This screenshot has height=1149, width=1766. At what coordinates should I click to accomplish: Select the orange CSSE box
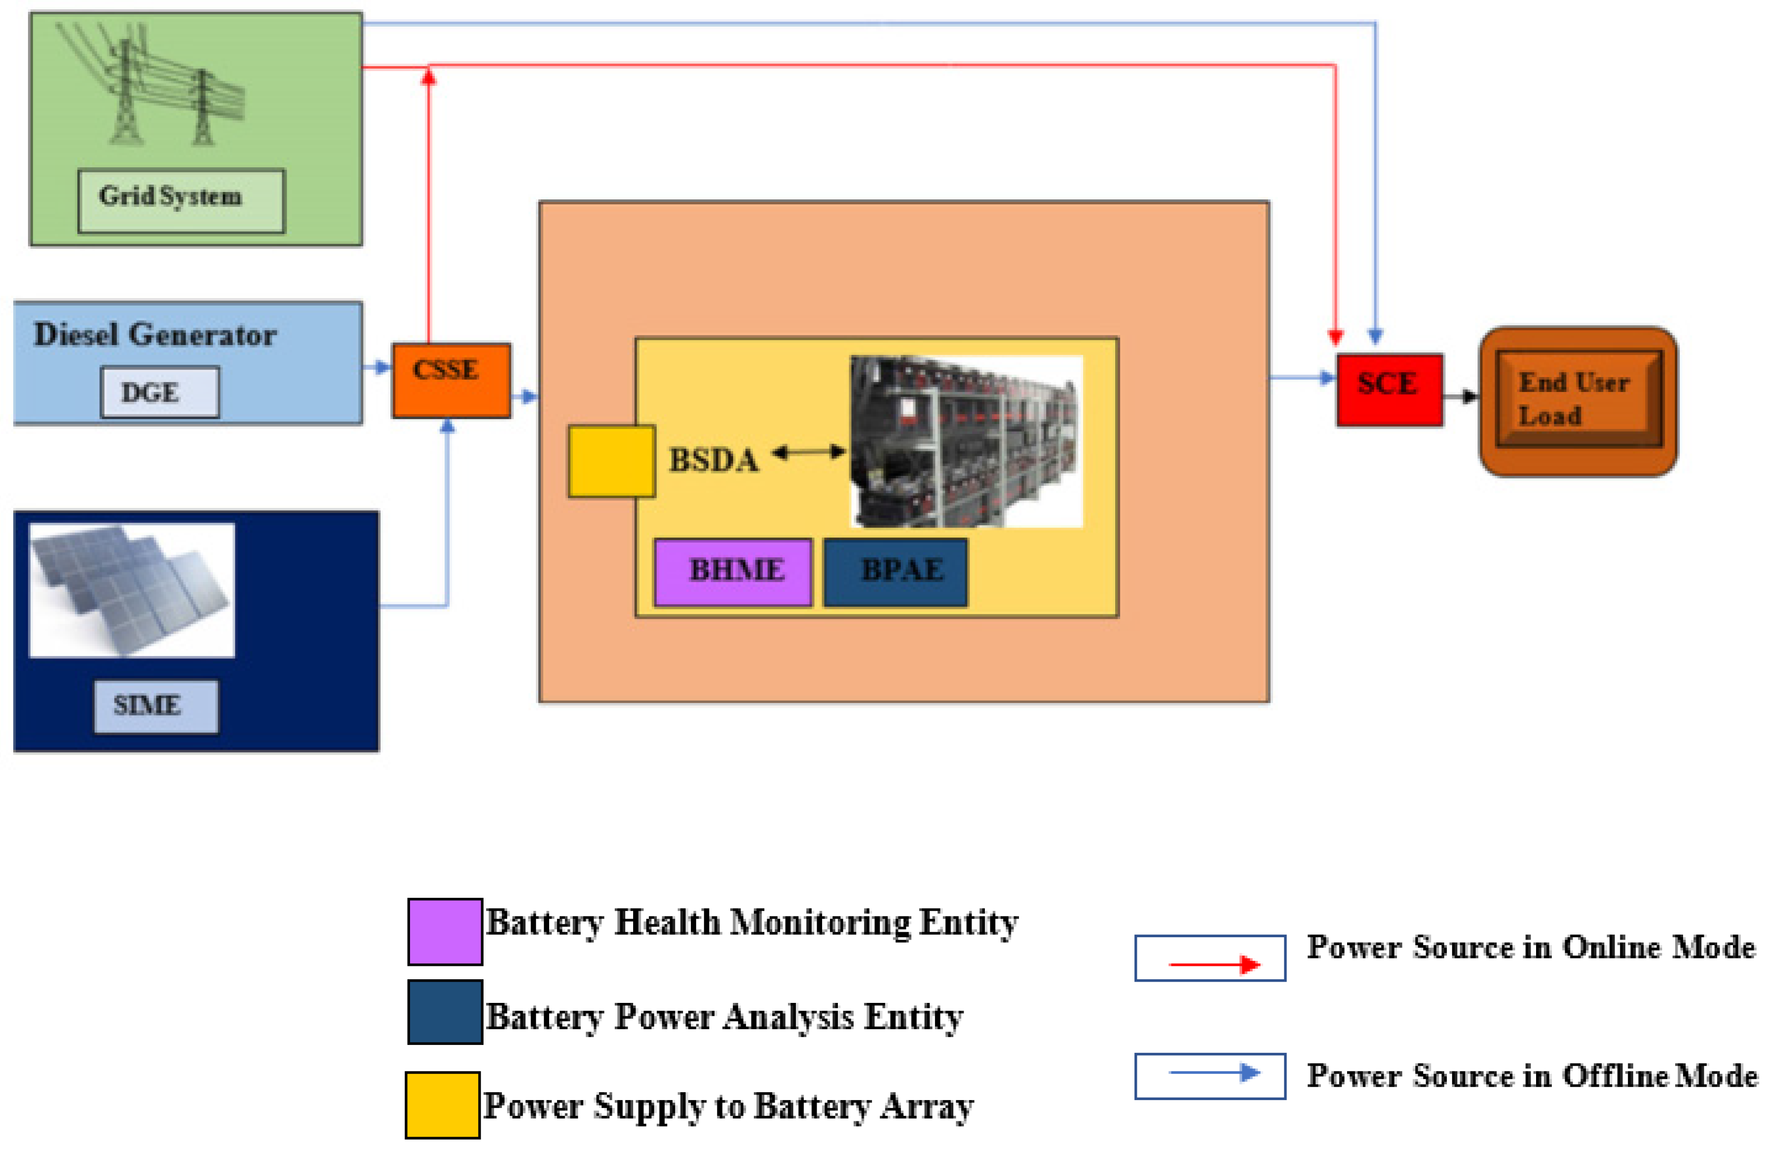[451, 380]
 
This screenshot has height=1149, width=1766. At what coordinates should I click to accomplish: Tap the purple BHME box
[733, 572]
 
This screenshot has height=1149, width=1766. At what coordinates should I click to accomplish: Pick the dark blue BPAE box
[896, 572]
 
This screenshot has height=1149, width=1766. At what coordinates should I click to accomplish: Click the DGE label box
[160, 392]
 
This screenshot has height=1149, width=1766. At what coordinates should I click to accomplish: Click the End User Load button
[1578, 402]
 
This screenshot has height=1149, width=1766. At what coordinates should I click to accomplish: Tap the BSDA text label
[714, 460]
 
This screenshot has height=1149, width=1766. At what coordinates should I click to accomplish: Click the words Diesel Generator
[155, 335]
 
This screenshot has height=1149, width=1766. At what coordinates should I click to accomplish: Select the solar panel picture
[132, 590]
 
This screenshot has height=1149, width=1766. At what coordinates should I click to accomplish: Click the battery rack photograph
[966, 442]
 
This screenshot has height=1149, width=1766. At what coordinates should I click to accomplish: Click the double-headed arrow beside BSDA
[809, 451]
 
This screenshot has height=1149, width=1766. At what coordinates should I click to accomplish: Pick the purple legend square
[445, 931]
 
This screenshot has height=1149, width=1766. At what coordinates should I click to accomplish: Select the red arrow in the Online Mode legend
[1215, 964]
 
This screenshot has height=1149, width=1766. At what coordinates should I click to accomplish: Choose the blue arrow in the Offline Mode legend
[1215, 1072]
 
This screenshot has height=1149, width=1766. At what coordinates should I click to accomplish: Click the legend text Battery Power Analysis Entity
[724, 1017]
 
